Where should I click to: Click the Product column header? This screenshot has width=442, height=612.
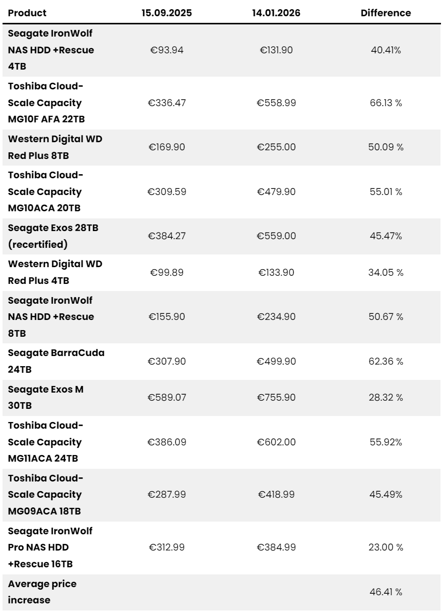pyautogui.click(x=27, y=13)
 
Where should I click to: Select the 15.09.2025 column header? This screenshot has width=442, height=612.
pyautogui.click(x=167, y=13)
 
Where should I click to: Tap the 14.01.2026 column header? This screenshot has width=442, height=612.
pyautogui.click(x=276, y=13)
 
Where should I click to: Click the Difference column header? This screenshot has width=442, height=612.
pyautogui.click(x=386, y=13)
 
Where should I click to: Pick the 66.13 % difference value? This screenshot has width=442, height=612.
pyautogui.click(x=386, y=103)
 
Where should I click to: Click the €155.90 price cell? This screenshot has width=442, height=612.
pyautogui.click(x=167, y=317)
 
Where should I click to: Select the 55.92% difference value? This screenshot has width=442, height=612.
pyautogui.click(x=386, y=442)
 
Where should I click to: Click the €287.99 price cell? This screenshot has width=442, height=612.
pyautogui.click(x=167, y=494)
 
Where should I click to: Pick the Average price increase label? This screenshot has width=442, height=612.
pyautogui.click(x=42, y=592)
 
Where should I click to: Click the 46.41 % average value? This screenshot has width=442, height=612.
pyautogui.click(x=386, y=592)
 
